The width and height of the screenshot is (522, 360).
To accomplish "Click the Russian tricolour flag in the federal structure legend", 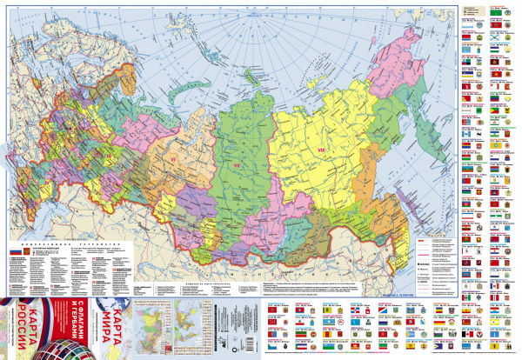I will click(14, 251).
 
